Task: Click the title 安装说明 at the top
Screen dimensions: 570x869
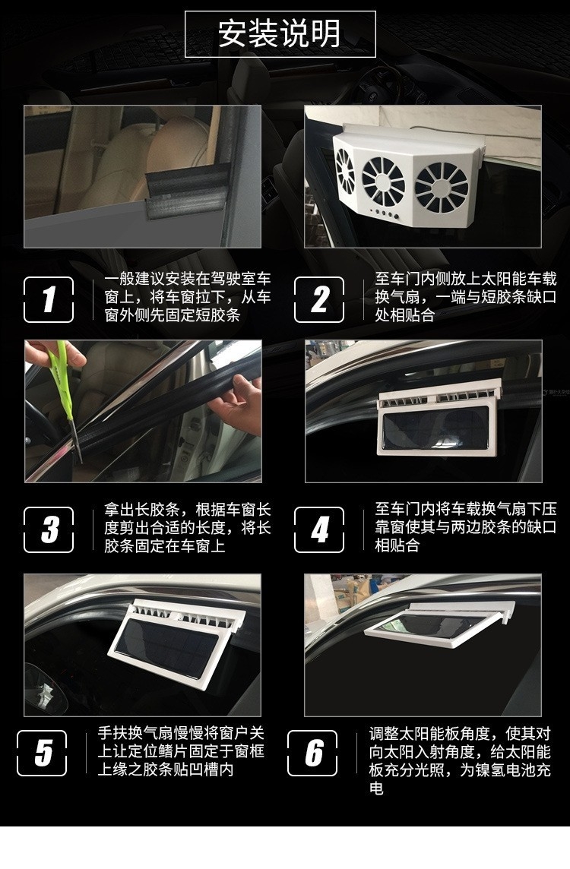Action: [280, 33]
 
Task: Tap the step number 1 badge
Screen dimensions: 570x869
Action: [49, 299]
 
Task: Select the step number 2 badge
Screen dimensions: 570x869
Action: [319, 299]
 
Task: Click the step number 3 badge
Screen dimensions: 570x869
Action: [49, 529]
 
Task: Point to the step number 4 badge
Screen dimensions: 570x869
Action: [319, 529]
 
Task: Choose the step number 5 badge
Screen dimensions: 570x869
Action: [42, 753]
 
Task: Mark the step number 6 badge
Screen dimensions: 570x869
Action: [312, 753]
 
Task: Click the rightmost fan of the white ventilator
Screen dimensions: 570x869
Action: [442, 188]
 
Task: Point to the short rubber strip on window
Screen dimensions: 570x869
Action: [187, 188]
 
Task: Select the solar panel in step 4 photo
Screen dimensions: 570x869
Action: [434, 428]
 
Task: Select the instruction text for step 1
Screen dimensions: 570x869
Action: [188, 297]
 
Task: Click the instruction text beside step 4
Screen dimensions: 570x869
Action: [465, 527]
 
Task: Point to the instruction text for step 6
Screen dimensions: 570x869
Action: [460, 760]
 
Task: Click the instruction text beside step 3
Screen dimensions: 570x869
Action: [188, 528]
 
